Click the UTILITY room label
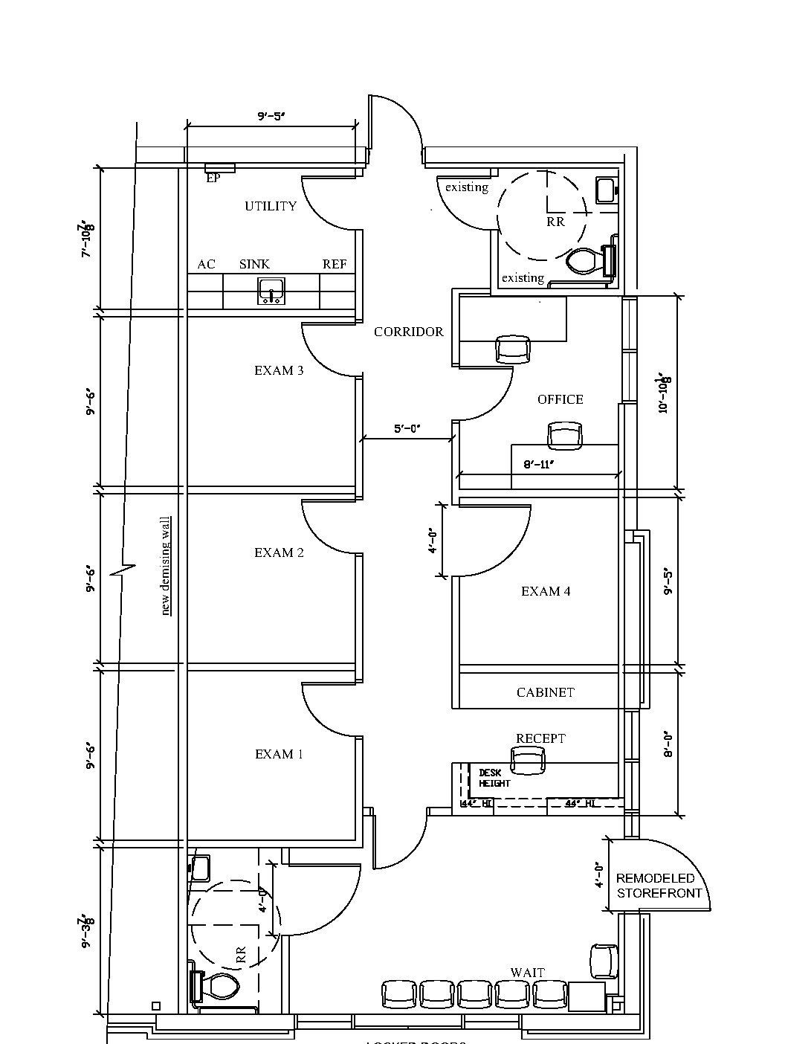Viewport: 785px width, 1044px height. click(271, 206)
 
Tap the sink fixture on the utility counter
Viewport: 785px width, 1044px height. click(271, 291)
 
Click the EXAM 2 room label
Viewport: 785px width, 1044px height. click(279, 552)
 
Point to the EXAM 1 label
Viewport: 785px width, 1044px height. click(279, 754)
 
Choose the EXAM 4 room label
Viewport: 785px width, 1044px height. click(546, 591)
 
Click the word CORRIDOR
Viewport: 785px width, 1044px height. click(408, 332)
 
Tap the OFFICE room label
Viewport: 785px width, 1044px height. click(560, 399)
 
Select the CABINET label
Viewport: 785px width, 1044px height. click(546, 692)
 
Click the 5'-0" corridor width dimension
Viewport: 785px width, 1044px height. click(407, 428)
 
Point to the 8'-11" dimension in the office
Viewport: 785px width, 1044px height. click(539, 464)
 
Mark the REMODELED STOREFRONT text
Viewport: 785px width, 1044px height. click(659, 886)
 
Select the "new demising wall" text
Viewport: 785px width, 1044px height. click(166, 566)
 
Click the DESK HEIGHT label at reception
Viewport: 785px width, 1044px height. click(494, 778)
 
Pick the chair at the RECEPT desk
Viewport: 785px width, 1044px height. click(527, 760)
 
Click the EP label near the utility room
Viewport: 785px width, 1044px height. click(213, 178)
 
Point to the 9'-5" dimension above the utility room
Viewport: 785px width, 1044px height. click(271, 116)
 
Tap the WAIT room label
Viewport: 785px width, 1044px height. click(527, 972)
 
